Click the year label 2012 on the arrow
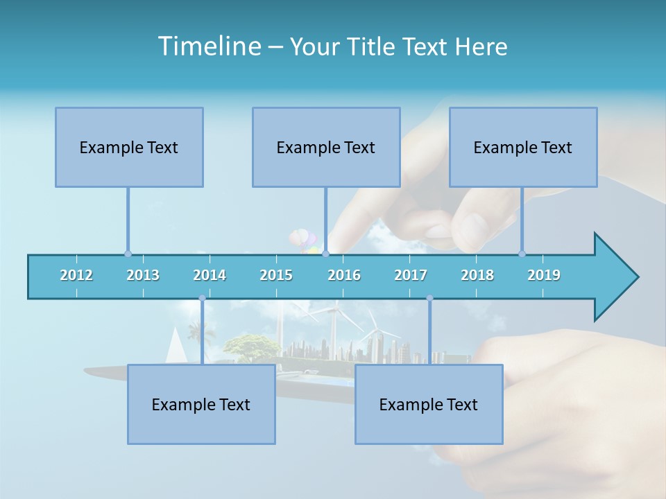pos(76,275)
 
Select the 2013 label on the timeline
pos(143,275)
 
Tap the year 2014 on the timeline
pos(210,275)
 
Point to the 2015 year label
pos(276,275)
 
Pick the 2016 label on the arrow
pos(344,275)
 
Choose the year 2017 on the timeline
pos(411,275)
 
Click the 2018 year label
pos(477,275)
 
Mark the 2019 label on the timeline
pos(544,275)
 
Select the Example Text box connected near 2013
pos(129,147)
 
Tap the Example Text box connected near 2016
pos(326,147)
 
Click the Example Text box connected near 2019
pos(523,147)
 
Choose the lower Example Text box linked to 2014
pos(201,404)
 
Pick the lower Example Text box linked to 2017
pos(429,404)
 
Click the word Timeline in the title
pos(209,46)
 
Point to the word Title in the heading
pos(374,46)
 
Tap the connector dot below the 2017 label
pos(429,298)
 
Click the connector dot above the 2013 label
pos(128,254)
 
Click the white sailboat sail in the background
pos(177,345)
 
